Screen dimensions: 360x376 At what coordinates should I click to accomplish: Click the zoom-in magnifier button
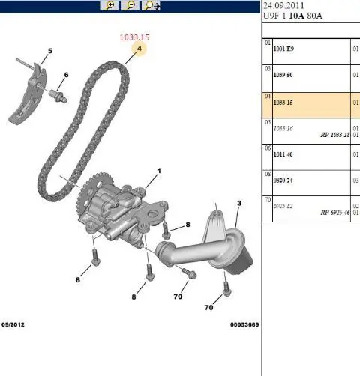tap(109, 5)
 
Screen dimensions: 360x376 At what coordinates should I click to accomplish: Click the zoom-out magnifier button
tap(130, 5)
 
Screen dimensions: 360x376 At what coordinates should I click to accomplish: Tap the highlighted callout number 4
tap(139, 49)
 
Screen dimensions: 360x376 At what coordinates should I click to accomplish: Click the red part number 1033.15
tap(134, 37)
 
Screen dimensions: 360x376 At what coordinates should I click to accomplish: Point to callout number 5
tap(50, 51)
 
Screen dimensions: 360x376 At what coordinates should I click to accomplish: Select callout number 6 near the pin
tap(66, 75)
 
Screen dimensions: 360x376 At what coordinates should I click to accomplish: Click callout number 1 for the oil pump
tap(159, 171)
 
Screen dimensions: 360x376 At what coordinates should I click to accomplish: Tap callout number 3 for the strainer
tap(239, 204)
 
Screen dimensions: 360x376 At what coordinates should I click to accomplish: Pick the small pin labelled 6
tap(58, 97)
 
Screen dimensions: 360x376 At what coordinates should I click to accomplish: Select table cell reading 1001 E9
tap(283, 49)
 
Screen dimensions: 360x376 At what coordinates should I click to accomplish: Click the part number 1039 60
tap(283, 75)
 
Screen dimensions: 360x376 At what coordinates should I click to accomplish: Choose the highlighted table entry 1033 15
tap(283, 103)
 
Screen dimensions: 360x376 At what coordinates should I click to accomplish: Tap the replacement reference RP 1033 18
tap(335, 135)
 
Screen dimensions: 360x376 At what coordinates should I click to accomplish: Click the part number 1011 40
tap(283, 154)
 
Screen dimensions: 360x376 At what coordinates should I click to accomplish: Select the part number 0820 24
tap(283, 181)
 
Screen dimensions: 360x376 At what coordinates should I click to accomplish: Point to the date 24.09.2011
tap(283, 6)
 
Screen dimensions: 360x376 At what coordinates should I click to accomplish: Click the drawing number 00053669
tap(244, 324)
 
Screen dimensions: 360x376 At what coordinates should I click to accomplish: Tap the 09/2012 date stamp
tap(13, 324)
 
